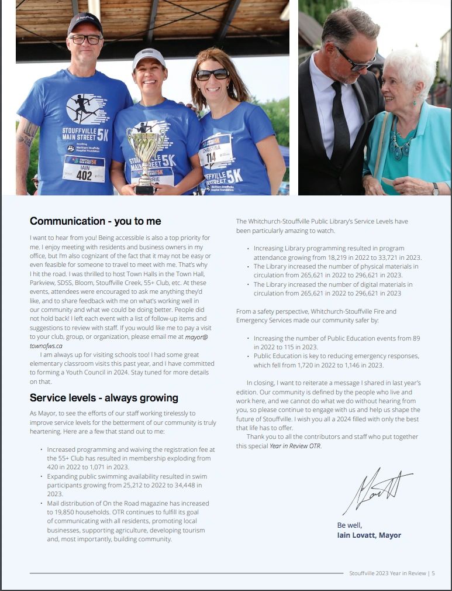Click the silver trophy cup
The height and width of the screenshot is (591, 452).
click(144, 152)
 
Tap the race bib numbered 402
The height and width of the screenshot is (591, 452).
click(84, 169)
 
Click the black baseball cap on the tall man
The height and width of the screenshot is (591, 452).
click(85, 22)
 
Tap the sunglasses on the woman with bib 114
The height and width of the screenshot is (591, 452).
click(212, 74)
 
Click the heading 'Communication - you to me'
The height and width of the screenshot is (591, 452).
click(95, 221)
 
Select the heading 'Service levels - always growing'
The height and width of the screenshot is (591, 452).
click(104, 398)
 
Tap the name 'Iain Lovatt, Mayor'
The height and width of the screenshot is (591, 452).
click(369, 535)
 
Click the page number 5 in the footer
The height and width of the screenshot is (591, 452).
click(433, 573)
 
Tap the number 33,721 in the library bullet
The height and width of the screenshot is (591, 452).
click(395, 257)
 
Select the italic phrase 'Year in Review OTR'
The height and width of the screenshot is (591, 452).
click(295, 446)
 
